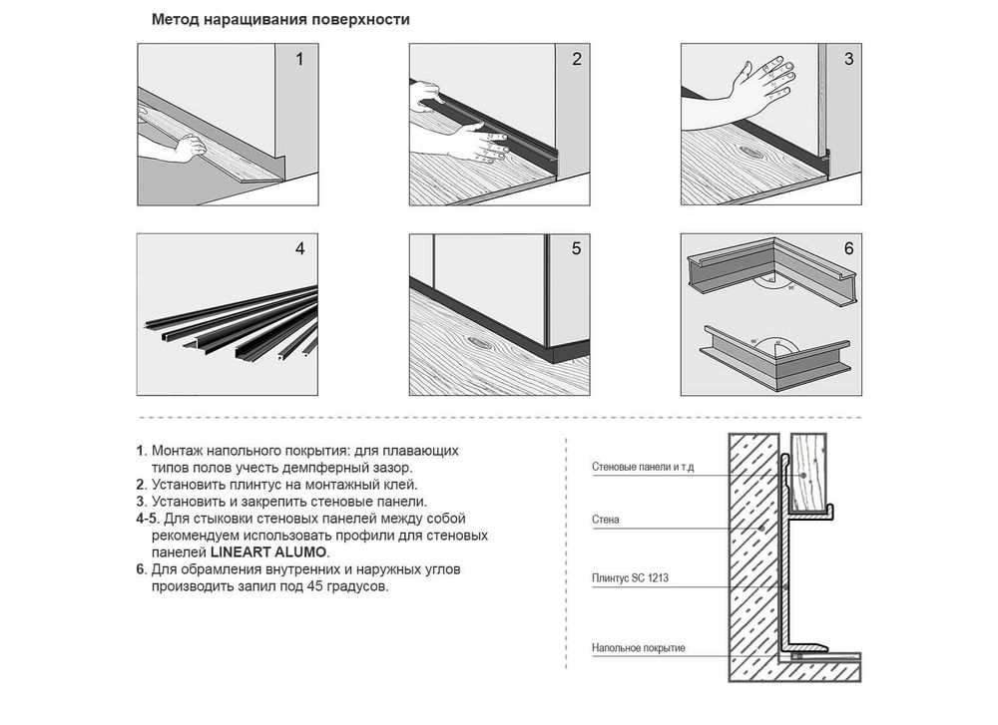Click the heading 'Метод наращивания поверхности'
pos(280,20)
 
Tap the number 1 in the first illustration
pos(299,59)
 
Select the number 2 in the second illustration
pos(577,59)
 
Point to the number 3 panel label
pos(848,59)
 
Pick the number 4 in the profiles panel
pos(299,248)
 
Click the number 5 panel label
pos(576,248)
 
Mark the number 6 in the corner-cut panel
pos(848,248)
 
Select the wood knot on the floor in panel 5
pos(479,341)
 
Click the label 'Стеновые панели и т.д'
pos(643,468)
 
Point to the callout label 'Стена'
pos(606,520)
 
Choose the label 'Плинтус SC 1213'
pos(630,578)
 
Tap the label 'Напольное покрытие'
pos(639,648)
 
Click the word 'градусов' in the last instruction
pos(356,586)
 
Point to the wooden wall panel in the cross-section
pos(808,471)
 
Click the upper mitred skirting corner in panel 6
pos(772,266)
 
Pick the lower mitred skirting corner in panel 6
pos(775,358)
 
